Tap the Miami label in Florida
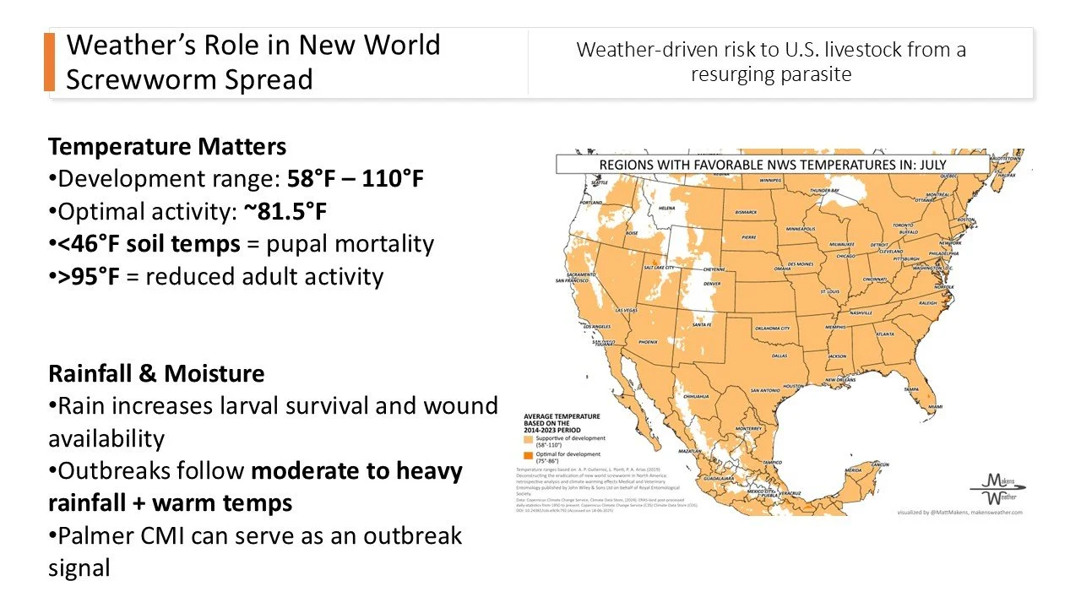tap(935, 408)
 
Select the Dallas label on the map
tap(780, 356)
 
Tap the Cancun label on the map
tap(881, 464)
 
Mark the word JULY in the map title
tap(929, 165)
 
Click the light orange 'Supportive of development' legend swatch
tap(529, 440)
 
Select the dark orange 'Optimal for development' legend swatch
tap(529, 454)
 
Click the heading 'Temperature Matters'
tap(167, 147)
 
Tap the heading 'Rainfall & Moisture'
tap(156, 373)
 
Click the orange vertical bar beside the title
tap(49, 62)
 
